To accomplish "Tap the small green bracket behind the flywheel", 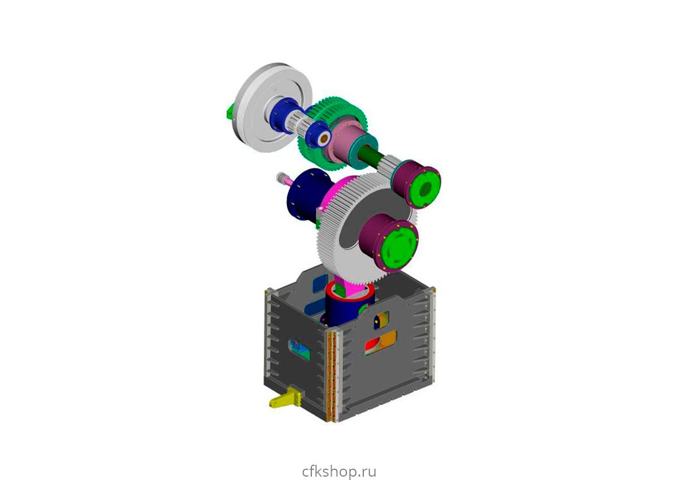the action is pos(230,111).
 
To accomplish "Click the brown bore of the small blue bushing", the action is pos(324,139).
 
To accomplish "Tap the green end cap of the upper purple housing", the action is pos(425,188).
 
